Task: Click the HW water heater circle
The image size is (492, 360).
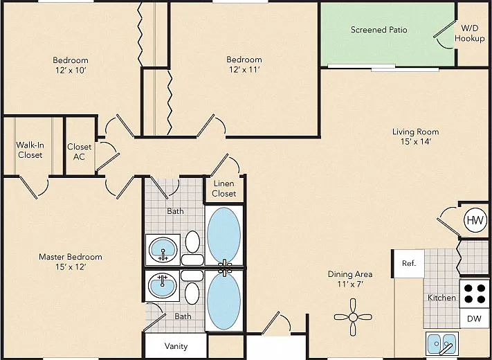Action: (x=475, y=220)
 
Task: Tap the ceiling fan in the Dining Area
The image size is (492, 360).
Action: (x=353, y=317)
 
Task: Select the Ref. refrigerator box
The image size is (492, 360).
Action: (x=409, y=263)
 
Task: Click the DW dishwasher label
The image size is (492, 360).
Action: (x=474, y=319)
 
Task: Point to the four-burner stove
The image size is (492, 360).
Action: (x=475, y=294)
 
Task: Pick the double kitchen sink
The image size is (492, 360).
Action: (x=441, y=343)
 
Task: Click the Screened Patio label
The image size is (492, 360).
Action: (x=379, y=30)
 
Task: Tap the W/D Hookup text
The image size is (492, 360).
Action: (x=470, y=33)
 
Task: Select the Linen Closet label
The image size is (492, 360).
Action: (x=224, y=188)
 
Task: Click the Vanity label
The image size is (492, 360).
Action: (x=176, y=346)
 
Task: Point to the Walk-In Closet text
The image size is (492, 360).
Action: (x=30, y=150)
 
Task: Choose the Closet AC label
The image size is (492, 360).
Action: (x=80, y=152)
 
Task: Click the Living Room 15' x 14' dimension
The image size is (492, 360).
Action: (x=415, y=142)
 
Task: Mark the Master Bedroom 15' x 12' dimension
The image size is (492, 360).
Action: (x=71, y=267)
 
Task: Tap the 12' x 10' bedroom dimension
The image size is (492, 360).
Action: (x=71, y=70)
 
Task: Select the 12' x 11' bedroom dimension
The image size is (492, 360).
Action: (x=244, y=69)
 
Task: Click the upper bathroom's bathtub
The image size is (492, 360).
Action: (x=224, y=235)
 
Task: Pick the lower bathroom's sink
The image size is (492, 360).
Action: (x=162, y=285)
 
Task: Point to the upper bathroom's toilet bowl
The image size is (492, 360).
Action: (x=192, y=242)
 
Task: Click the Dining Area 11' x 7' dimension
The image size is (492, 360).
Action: (x=350, y=285)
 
